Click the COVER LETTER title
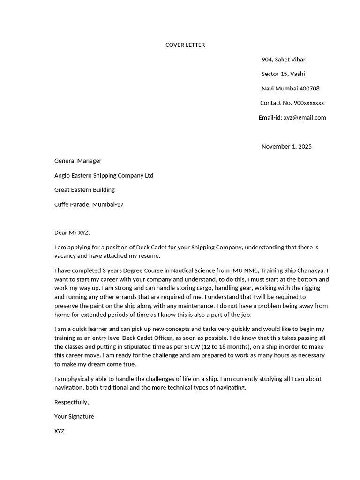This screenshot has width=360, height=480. [x=185, y=45]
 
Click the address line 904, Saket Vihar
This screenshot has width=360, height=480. [x=283, y=60]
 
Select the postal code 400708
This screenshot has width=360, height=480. [x=309, y=89]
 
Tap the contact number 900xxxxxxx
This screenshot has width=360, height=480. [x=308, y=103]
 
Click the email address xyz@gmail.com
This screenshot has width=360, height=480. [x=305, y=118]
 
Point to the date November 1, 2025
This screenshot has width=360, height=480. [x=286, y=147]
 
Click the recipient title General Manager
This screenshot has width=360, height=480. [x=78, y=161]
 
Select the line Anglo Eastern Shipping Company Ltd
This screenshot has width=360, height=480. [x=104, y=176]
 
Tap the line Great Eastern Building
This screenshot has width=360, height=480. [x=84, y=190]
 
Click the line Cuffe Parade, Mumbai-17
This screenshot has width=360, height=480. [x=89, y=205]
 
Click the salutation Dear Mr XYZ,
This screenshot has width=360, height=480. [x=72, y=232]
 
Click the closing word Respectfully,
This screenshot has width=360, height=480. [x=71, y=402]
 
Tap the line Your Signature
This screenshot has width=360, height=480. [x=74, y=416]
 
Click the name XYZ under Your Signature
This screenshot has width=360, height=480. [x=60, y=431]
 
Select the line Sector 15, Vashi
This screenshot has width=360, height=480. [x=283, y=74]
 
